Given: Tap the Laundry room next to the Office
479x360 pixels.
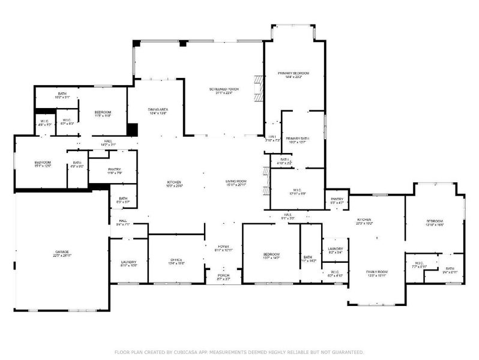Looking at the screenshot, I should click(129, 263).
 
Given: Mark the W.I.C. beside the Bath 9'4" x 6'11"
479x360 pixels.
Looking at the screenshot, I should click(419, 264).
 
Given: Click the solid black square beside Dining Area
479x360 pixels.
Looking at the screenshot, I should click(133, 130).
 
